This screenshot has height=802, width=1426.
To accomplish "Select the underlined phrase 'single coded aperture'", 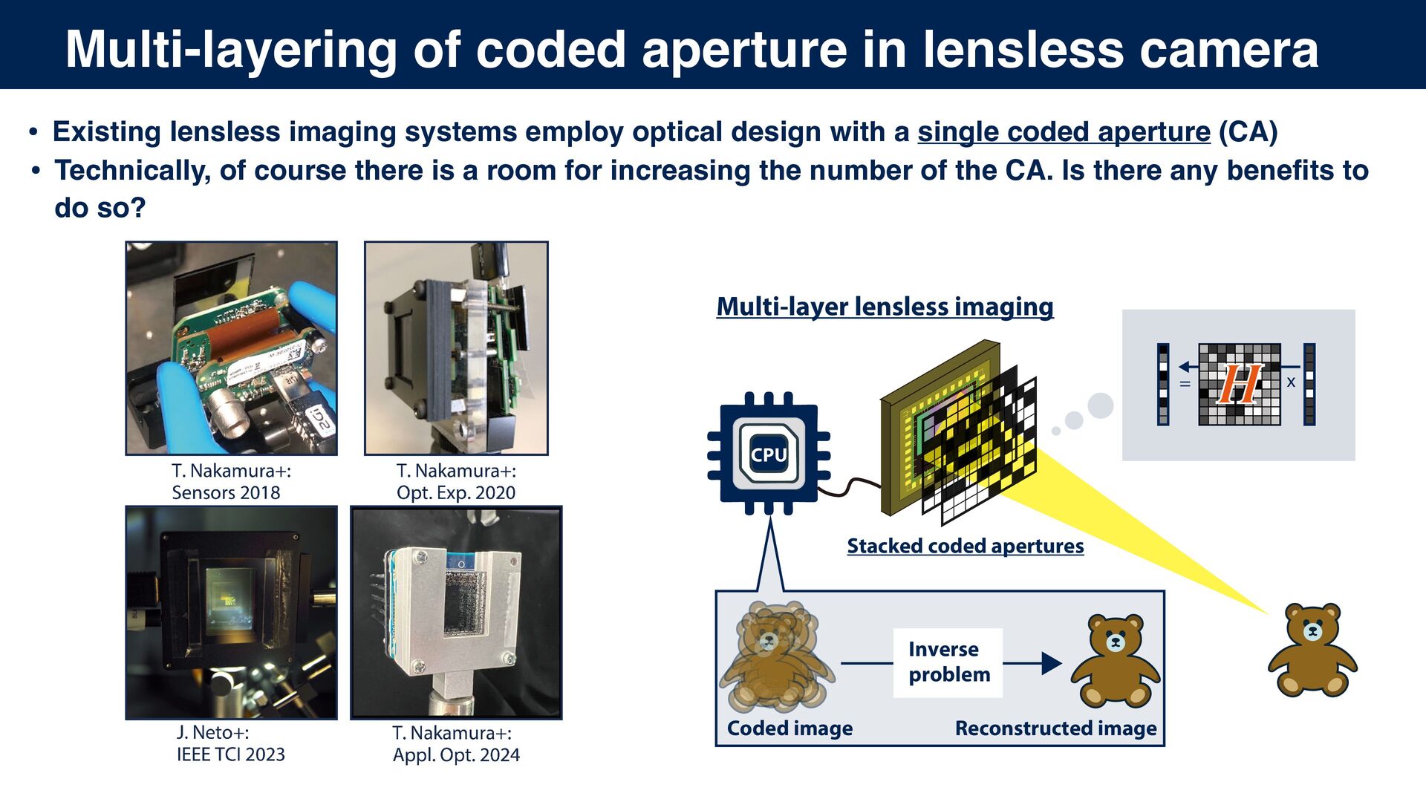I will [1064, 132].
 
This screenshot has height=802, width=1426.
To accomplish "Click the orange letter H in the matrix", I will [1239, 384].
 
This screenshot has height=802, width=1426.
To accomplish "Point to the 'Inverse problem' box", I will [948, 662].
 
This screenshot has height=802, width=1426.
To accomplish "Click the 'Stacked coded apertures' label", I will [965, 546].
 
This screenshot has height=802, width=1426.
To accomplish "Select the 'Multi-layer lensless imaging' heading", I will [885, 307].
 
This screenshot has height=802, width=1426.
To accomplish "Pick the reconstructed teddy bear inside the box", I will [1115, 660].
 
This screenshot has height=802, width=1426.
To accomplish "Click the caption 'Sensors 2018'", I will [226, 492].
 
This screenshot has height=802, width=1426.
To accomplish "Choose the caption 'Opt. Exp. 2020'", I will [455, 492].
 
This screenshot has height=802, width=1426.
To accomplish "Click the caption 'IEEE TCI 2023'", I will [230, 754].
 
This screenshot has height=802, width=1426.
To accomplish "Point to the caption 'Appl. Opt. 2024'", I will [456, 755].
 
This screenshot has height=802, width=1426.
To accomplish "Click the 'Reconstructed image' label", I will [1055, 728].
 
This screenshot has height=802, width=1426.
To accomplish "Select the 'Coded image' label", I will [789, 728].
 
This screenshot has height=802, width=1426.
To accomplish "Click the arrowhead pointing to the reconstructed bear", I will [1051, 663].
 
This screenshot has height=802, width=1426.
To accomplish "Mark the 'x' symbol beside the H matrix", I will [1291, 382].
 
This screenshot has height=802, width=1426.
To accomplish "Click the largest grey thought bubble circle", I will [1100, 405].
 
